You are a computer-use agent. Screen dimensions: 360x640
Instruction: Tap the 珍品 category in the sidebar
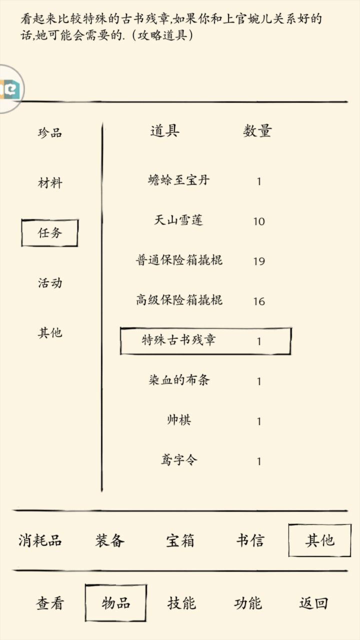coord(50,132)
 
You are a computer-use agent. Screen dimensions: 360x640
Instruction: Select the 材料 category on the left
coord(50,183)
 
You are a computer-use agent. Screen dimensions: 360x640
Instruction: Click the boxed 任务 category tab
coord(49,233)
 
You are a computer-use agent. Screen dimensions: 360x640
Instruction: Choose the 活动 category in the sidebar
coord(50,283)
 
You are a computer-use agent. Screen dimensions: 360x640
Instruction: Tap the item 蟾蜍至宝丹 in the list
coord(179,180)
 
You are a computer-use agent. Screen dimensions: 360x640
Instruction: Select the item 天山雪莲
coord(179,220)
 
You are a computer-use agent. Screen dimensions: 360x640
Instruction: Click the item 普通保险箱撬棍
coord(179,260)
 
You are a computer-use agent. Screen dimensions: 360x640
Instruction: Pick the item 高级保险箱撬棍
coord(179,300)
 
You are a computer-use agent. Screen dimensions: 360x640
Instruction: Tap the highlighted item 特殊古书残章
coord(179,340)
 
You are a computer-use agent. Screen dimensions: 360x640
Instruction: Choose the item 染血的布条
coord(179,380)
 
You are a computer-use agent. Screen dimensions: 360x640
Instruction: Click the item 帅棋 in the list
coord(179,420)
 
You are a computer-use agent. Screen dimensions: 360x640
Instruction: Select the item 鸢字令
coord(179,460)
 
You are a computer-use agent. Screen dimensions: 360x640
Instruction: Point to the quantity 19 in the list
coord(259,261)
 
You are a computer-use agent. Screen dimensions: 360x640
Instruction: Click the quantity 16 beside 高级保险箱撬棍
coord(259,301)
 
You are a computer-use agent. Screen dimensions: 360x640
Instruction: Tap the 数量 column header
coord(257,131)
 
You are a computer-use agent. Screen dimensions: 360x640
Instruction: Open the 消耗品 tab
coord(40,540)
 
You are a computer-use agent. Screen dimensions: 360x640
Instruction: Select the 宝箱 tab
coord(180,540)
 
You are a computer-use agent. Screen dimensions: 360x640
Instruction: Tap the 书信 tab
coord(250,540)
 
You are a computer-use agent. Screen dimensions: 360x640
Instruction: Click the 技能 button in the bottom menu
coord(181,603)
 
